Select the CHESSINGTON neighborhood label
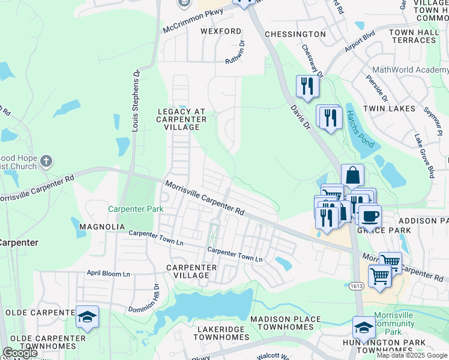pos(295,34)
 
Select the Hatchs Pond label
pos(358,130)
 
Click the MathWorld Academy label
pos(410,70)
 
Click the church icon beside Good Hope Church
pos(47,161)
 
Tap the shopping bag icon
pos(352,175)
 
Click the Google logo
pos(20,353)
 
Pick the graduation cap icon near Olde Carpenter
pos(87,317)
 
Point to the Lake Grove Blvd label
pos(424,156)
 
